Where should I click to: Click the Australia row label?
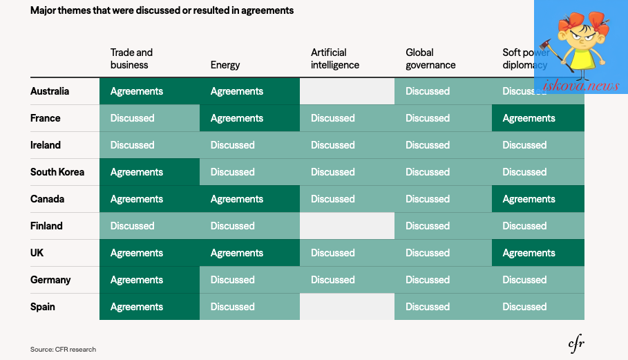click(x=50, y=91)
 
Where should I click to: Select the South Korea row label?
click(x=57, y=172)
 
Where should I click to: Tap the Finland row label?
click(x=46, y=226)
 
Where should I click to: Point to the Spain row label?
click(x=42, y=307)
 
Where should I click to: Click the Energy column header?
click(x=225, y=65)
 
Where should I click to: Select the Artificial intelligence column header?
click(x=335, y=59)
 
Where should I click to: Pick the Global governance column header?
click(x=430, y=59)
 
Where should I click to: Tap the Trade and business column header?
click(x=131, y=59)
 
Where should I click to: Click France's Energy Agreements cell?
click(x=249, y=118)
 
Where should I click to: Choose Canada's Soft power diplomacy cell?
click(x=538, y=199)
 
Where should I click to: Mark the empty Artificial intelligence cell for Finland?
click(x=347, y=226)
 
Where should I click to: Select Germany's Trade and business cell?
click(x=149, y=280)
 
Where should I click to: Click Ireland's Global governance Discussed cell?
click(x=443, y=145)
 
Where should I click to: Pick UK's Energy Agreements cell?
click(x=249, y=253)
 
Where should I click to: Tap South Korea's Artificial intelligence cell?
click(x=347, y=172)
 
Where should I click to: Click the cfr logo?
click(x=576, y=344)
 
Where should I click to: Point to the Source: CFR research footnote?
click(x=64, y=349)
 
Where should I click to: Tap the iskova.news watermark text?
click(x=581, y=85)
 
